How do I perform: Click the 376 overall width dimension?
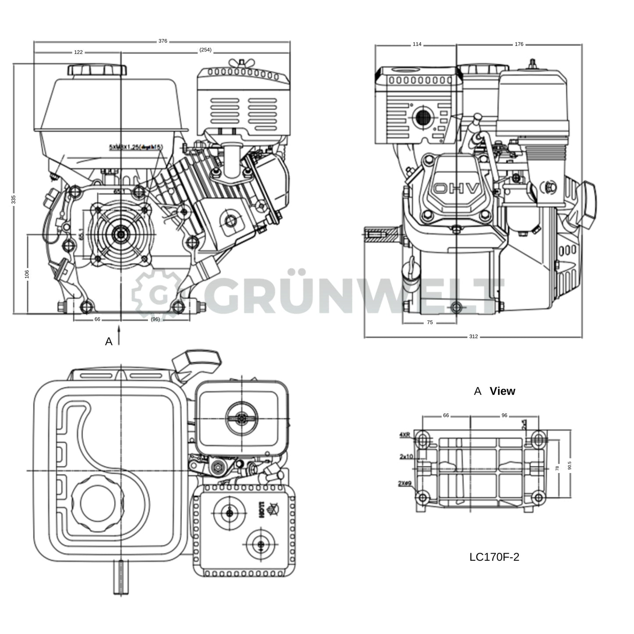(163, 41)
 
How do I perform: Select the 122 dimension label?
(78, 52)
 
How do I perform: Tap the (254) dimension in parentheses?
(205, 50)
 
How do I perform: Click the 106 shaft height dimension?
(27, 274)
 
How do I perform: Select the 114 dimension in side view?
(417, 44)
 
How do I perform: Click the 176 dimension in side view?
(519, 44)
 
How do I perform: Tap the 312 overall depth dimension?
(473, 337)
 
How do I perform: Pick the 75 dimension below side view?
(430, 322)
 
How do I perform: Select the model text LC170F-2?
(494, 557)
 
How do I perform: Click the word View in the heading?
(502, 391)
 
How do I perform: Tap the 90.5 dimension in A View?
(570, 466)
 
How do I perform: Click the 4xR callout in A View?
(405, 435)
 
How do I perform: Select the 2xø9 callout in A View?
(405, 484)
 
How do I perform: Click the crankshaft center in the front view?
(120, 234)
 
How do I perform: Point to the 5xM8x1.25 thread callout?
(136, 147)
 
